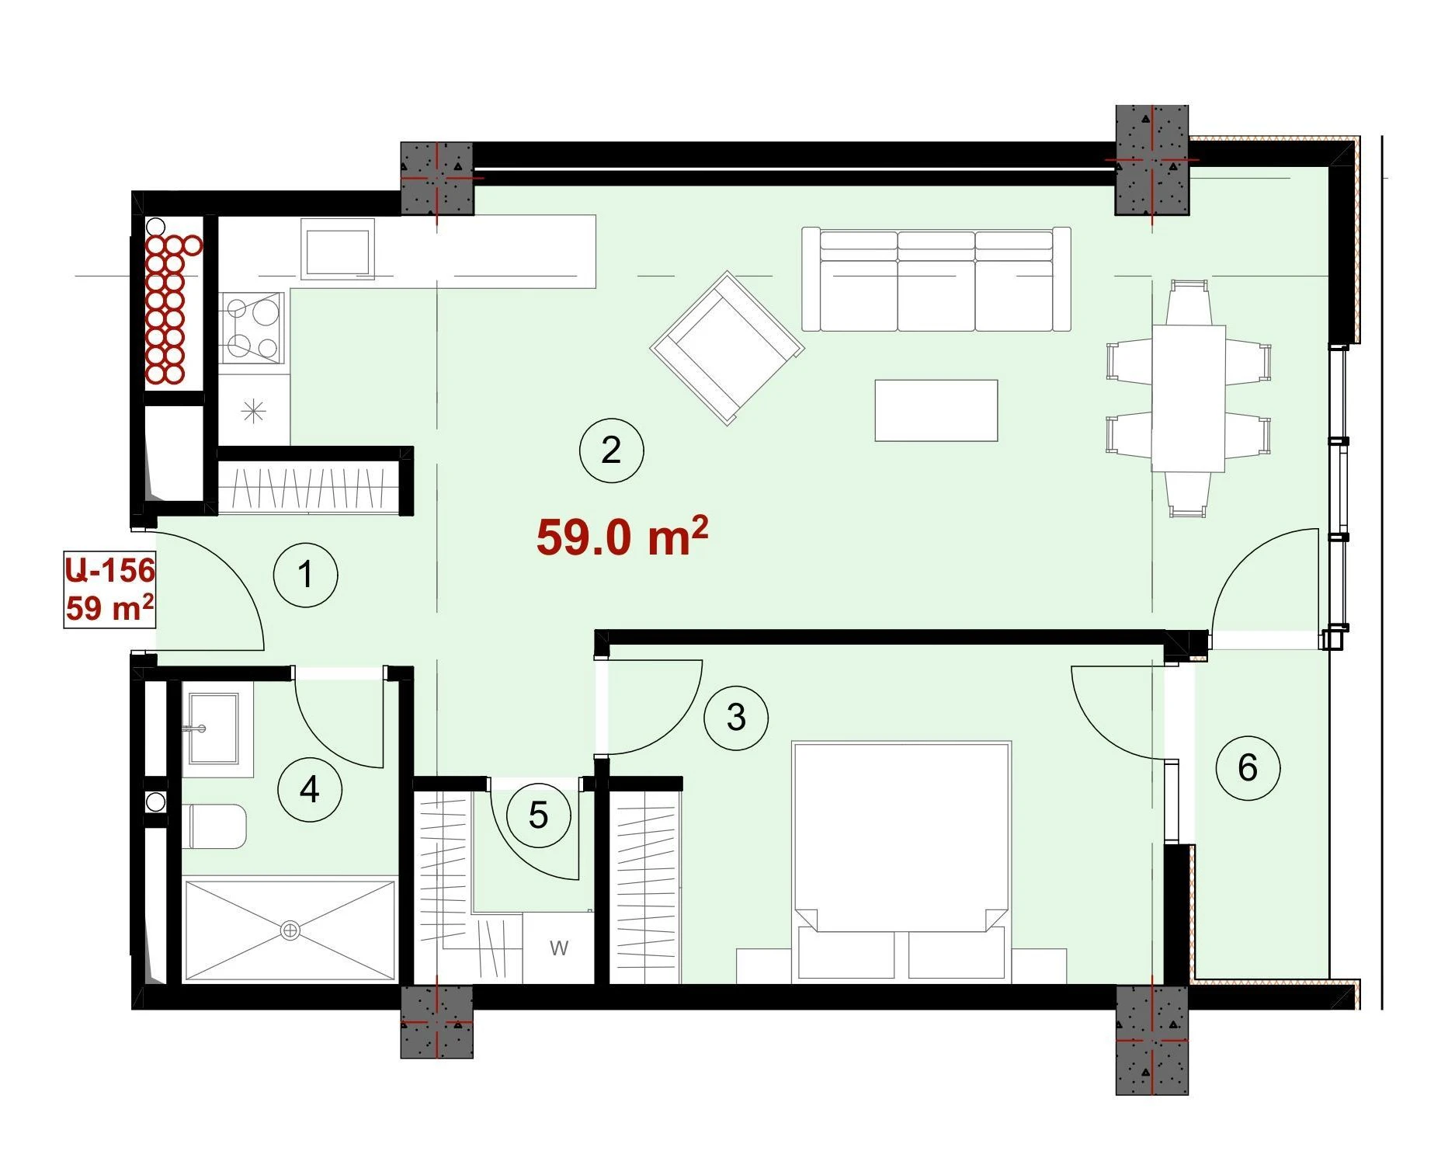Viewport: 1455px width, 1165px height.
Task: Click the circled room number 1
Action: click(306, 576)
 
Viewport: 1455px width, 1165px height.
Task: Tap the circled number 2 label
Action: click(612, 450)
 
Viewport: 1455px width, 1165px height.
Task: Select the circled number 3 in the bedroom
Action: click(736, 718)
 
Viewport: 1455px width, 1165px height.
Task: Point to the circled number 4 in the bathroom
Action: click(310, 789)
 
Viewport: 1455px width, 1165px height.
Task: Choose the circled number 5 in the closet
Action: click(539, 815)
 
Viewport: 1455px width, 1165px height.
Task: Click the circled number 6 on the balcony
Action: click(1248, 768)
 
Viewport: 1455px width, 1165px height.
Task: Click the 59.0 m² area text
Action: click(622, 536)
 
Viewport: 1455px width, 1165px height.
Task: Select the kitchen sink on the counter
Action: click(338, 249)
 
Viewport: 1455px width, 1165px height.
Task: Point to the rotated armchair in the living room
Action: click(727, 348)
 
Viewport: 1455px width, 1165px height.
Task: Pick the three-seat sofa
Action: click(936, 280)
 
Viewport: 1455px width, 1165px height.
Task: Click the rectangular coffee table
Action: click(936, 411)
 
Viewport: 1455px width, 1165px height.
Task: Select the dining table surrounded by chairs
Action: click(1189, 398)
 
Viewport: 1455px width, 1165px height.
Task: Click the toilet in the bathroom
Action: click(217, 826)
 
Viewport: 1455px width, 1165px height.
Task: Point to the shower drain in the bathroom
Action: click(290, 930)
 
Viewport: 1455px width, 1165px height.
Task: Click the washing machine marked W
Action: click(559, 948)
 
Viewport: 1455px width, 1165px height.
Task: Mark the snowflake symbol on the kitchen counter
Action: click(254, 410)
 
